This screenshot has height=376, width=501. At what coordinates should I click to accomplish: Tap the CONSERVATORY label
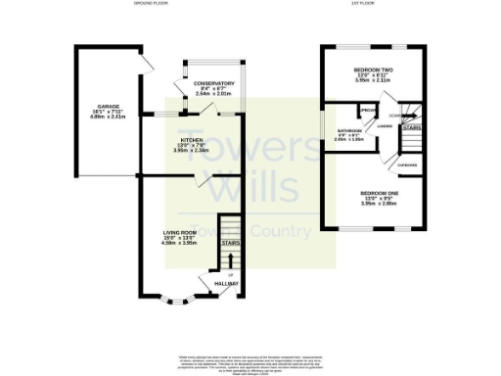pyautogui.click(x=213, y=83)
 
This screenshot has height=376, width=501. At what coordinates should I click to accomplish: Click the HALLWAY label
pyautogui.click(x=226, y=284)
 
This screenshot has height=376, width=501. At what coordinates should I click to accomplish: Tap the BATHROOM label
pyautogui.click(x=349, y=130)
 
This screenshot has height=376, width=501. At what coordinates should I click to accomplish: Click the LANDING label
pyautogui.click(x=385, y=125)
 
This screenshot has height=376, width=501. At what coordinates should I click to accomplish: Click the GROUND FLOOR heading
pyautogui.click(x=152, y=4)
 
